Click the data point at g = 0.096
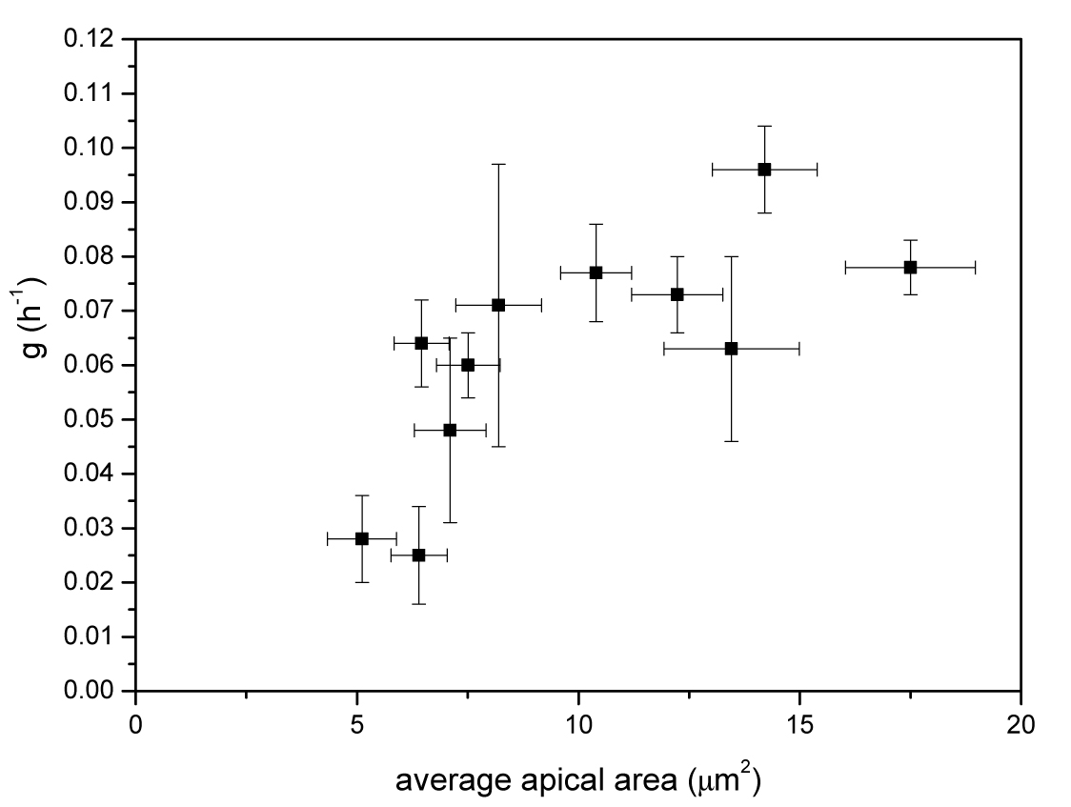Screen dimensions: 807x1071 (x=764, y=169)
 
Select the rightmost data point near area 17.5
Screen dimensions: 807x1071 (x=910, y=267)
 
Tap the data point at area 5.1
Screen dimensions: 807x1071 (x=361, y=538)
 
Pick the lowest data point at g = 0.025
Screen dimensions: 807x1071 (x=418, y=555)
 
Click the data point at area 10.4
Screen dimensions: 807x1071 (x=596, y=272)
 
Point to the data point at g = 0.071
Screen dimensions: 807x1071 (x=498, y=305)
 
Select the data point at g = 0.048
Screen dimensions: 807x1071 (x=450, y=430)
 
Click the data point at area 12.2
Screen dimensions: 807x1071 (x=677, y=294)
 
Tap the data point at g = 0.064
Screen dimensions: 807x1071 (x=421, y=343)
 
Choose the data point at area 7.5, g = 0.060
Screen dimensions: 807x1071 (x=468, y=365)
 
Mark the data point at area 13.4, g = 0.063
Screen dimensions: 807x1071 (x=731, y=349)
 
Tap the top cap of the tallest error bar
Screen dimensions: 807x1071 (x=498, y=164)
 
